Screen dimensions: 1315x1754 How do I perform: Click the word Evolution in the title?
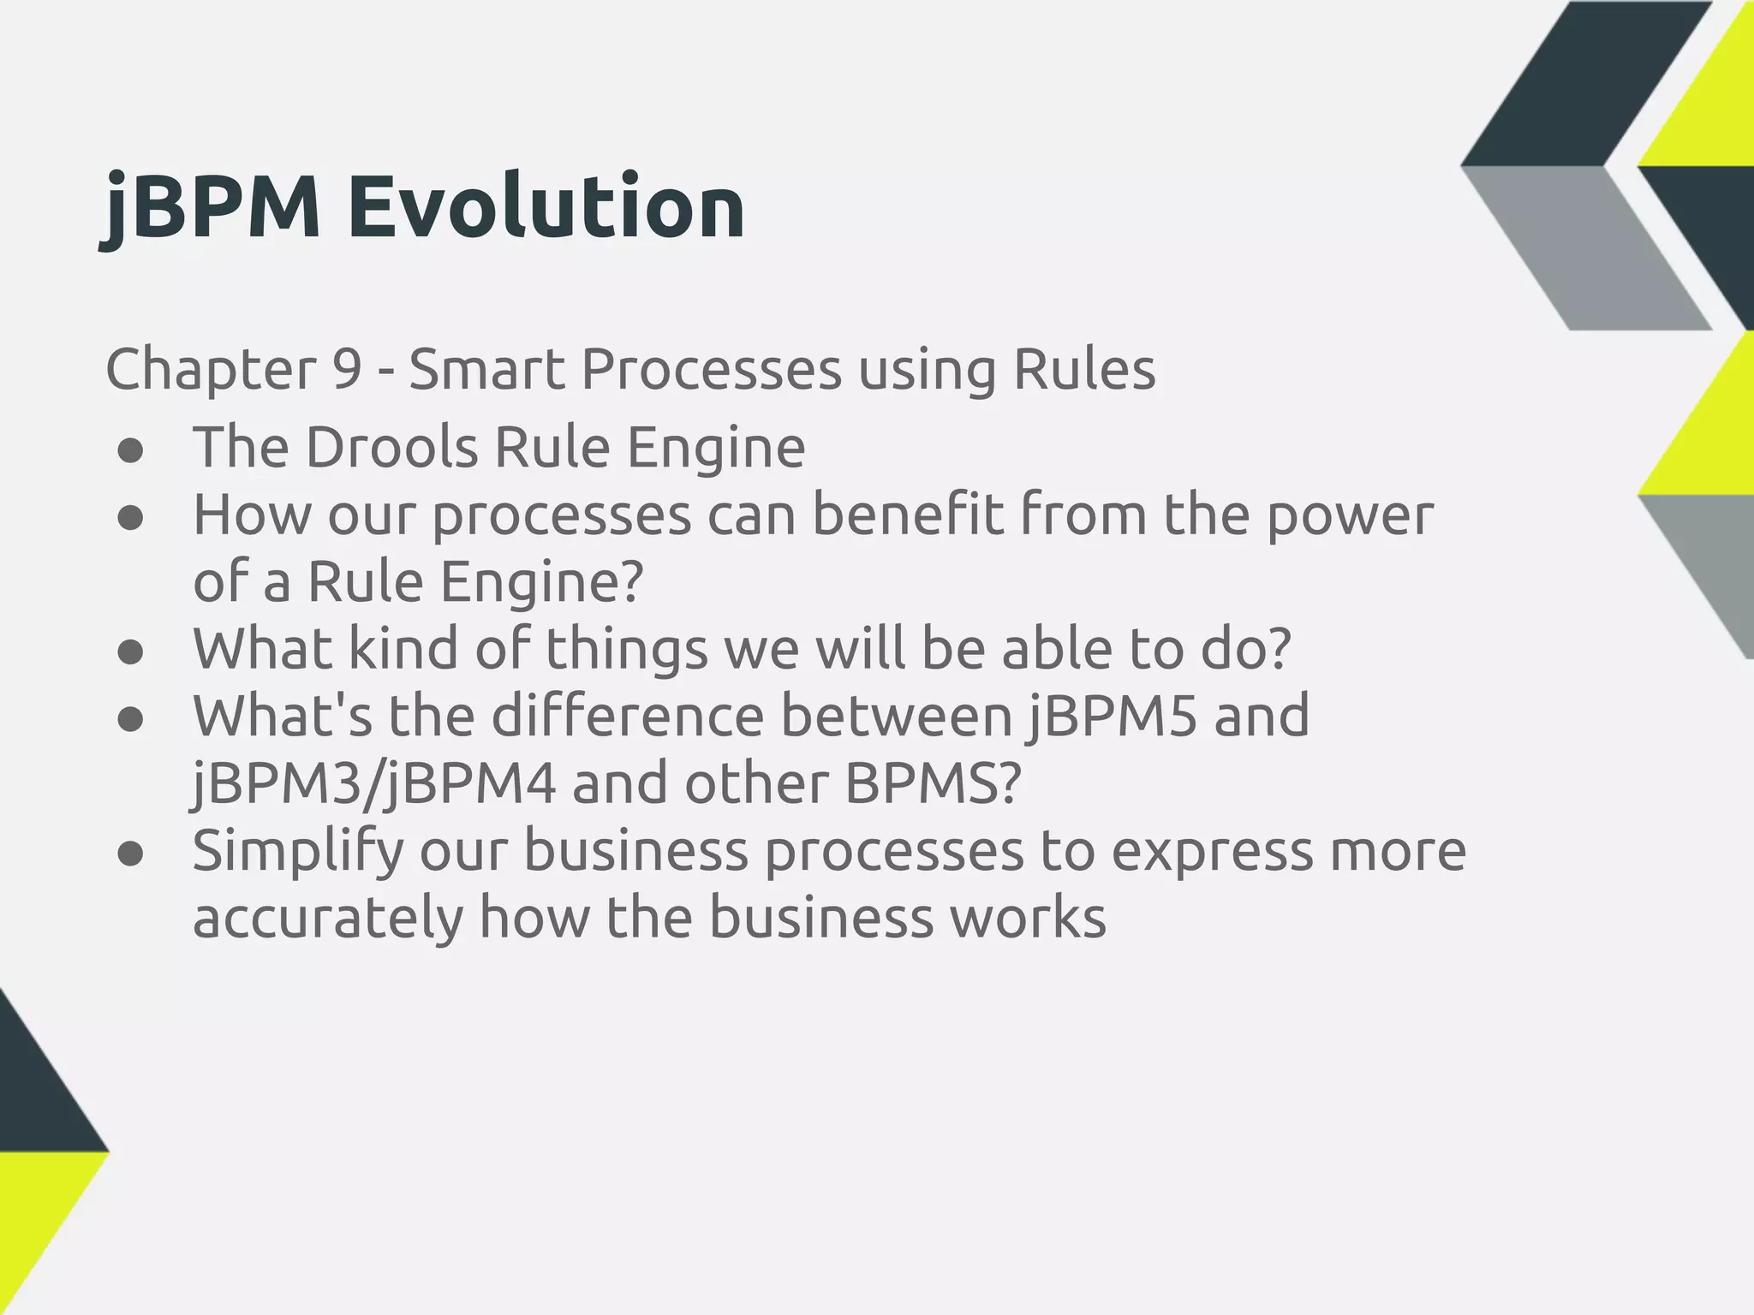point(546,207)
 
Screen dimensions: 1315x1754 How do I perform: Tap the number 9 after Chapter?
point(346,370)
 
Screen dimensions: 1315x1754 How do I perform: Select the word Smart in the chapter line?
point(486,370)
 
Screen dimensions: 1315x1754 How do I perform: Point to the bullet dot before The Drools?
point(130,451)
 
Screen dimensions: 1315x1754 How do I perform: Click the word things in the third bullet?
point(626,649)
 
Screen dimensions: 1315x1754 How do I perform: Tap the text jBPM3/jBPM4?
point(373,783)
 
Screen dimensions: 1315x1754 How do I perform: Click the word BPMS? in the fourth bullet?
point(933,783)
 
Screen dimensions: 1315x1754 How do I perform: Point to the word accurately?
point(327,918)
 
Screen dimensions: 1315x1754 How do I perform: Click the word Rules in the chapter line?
point(1083,370)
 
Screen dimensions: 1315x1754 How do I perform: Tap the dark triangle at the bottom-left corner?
point(34,1096)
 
